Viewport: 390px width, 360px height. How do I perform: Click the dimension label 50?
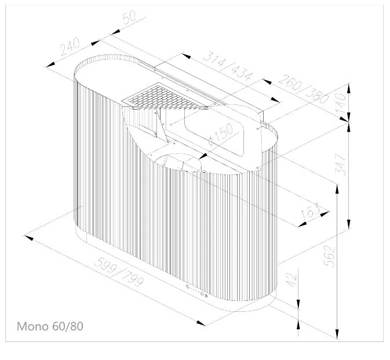point(129,17)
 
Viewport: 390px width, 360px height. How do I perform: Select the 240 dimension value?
point(70,46)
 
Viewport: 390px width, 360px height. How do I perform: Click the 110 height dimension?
point(340,102)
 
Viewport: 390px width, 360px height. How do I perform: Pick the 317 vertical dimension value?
point(340,165)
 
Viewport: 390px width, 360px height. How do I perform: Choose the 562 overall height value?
point(329,256)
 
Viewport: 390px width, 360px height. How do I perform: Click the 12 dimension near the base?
point(291,280)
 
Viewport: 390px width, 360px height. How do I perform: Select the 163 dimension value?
point(310,212)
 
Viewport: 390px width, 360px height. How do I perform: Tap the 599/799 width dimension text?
point(119,272)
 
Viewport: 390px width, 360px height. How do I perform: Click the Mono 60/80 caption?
point(50,326)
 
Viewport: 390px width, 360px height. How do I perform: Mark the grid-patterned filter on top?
point(164,97)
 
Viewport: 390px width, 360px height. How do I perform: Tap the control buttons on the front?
point(197,291)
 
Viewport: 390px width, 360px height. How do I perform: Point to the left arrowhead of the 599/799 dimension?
point(28,237)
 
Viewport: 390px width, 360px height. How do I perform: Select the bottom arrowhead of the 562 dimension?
point(337,334)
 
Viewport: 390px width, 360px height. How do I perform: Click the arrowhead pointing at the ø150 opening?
point(203,157)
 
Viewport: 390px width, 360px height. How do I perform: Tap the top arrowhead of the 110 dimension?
point(349,88)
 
